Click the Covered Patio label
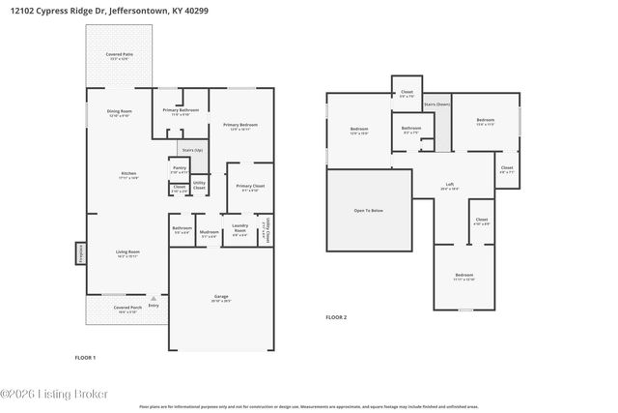tap(121, 55)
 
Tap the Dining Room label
tap(119, 112)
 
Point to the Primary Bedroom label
tap(240, 125)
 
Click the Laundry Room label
tap(240, 230)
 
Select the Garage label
tap(221, 299)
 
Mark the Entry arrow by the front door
tap(153, 303)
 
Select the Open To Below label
tap(369, 210)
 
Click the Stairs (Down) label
tap(437, 103)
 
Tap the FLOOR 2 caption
tap(335, 316)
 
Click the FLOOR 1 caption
tap(85, 357)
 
